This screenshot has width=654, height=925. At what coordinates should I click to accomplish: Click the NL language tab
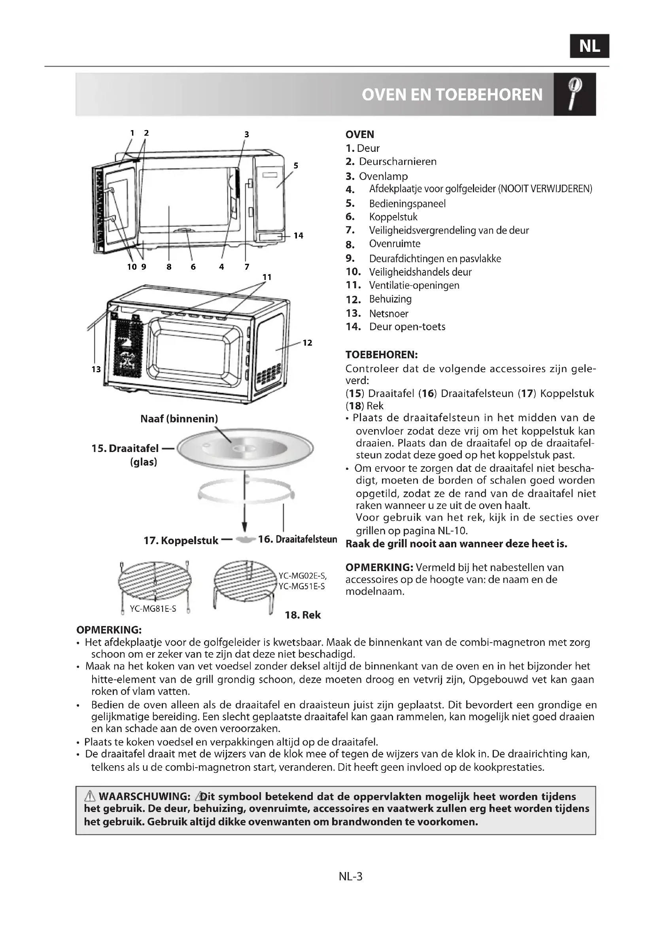coord(589,46)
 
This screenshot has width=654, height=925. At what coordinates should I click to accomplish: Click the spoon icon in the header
coord(574,94)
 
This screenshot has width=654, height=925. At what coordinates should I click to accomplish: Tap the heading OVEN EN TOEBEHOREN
coord(452,95)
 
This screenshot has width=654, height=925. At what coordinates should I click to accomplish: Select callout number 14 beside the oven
coord(298,236)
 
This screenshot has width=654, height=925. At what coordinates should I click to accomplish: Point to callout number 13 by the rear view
coord(96,369)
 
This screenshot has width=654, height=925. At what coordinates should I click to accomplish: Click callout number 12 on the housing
coord(307,343)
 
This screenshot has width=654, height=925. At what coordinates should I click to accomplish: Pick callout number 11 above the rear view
coord(267,277)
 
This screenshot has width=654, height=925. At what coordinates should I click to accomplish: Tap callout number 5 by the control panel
coord(296,165)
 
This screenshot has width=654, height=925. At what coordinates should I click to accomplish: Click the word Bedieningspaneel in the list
coord(407,204)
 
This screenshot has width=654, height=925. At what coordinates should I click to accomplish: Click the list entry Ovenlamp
coord(384,176)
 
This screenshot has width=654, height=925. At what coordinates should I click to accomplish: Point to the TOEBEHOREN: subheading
coord(381,355)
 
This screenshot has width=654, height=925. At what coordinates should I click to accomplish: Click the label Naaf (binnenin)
coord(179,419)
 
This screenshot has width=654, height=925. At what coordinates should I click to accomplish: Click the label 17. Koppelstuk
coord(181,541)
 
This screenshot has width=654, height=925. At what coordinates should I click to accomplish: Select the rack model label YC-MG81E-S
coord(153,609)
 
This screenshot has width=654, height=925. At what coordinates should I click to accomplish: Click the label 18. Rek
coord(302,615)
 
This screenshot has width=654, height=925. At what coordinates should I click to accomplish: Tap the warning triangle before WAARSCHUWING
coord(89,796)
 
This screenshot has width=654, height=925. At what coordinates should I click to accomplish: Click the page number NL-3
coord(350,877)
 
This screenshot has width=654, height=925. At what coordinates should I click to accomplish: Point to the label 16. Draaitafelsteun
coord(297,539)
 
